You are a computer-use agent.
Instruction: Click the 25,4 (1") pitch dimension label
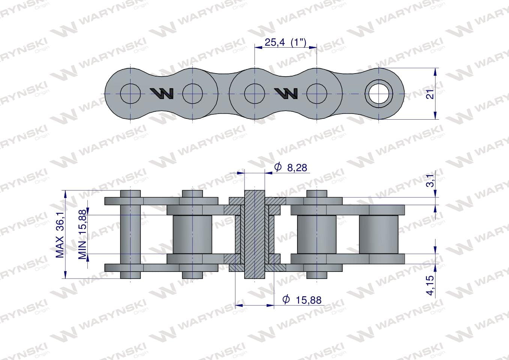tap(285, 42)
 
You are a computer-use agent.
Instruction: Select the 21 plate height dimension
tap(430, 94)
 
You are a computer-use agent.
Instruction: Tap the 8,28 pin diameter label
tap(297, 168)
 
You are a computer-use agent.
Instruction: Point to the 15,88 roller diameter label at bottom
tap(309, 300)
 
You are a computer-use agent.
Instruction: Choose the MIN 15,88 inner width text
tap(82, 234)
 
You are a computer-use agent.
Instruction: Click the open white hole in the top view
tap(378, 94)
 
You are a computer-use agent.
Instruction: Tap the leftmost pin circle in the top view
tap(131, 94)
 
